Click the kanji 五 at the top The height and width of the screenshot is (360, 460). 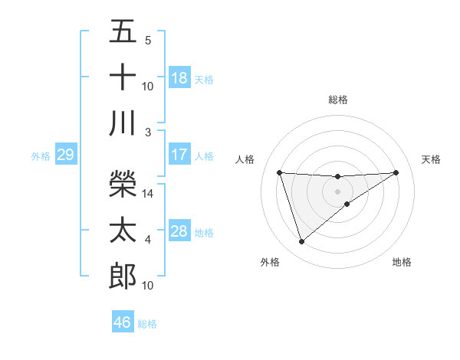coord(123,31)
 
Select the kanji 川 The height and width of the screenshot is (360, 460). coord(123,123)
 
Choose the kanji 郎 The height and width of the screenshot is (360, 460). coord(123,276)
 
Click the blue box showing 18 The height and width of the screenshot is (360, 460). coord(179,77)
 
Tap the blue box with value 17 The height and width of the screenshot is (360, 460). coord(179,154)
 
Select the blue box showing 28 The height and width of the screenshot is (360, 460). coord(179,231)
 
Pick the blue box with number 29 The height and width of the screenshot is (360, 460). coord(65,155)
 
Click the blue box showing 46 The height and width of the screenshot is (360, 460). coord(123,322)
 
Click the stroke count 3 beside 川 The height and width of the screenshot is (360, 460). coord(148,132)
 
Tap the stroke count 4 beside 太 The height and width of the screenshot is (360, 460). coord(148,240)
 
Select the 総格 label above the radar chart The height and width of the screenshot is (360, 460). coord(337,100)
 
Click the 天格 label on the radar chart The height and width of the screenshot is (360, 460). coord(431,159)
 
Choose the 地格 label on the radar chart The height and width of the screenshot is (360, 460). coord(402,262)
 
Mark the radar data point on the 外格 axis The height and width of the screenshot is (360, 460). coord(301,242)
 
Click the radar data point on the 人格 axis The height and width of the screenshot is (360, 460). coord(280,172)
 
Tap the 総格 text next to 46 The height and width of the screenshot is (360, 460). coord(147,324)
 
